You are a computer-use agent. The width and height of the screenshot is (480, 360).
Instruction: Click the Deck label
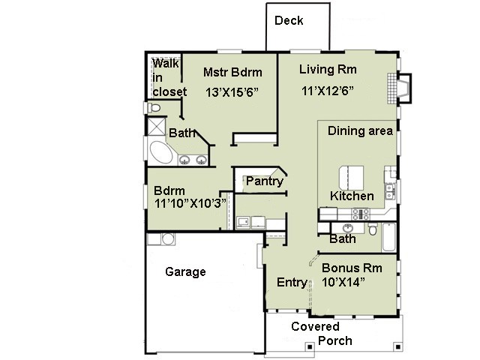(289, 20)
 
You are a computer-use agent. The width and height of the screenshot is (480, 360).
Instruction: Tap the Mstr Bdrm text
(232, 73)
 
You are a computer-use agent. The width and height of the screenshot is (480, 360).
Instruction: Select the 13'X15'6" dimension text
(232, 92)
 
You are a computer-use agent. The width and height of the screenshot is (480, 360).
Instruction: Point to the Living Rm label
(328, 70)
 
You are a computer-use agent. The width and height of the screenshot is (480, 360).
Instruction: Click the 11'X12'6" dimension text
(328, 91)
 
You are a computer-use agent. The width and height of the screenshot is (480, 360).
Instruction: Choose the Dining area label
(360, 131)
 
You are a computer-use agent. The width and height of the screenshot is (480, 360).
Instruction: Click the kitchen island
(351, 178)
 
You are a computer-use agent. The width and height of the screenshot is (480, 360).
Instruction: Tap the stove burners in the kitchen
(360, 214)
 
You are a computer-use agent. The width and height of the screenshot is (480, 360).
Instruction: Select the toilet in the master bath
(154, 108)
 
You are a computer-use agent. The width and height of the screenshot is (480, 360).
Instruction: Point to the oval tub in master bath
(161, 152)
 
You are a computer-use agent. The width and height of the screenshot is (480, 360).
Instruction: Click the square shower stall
(157, 127)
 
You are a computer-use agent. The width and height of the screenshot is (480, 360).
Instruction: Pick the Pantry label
(265, 181)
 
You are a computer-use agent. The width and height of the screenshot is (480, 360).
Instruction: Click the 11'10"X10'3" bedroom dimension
(190, 203)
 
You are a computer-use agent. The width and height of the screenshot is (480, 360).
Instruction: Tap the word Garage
(185, 271)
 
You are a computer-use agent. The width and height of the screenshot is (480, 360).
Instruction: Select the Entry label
(292, 282)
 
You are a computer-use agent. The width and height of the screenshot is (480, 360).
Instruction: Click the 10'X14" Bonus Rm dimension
(343, 282)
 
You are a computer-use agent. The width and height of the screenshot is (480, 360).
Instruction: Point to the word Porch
(335, 340)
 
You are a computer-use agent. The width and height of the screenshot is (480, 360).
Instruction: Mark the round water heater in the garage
(168, 239)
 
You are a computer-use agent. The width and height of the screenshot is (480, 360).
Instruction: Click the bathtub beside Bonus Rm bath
(389, 237)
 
